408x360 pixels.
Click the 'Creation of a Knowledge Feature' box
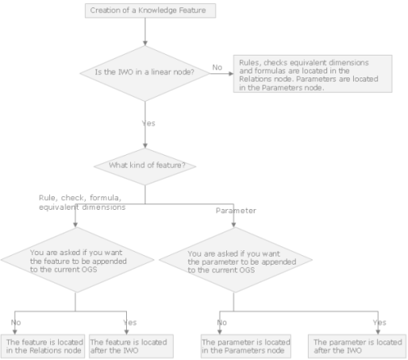150,10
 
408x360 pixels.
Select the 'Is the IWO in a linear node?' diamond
145,73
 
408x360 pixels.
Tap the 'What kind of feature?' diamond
145,166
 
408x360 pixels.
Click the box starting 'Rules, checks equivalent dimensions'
313,73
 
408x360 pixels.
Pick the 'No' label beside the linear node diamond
217,67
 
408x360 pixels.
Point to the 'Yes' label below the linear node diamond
149,123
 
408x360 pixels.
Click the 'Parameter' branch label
236,211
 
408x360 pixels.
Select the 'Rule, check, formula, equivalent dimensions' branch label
82,203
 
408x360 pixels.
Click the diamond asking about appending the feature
78,260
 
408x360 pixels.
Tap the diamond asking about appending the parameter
236,260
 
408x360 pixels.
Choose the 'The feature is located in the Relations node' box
43,346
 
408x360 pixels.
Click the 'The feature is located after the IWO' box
131,346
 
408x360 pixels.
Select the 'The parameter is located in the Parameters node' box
246,346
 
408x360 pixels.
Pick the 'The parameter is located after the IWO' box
357,346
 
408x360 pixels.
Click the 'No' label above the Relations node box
16,322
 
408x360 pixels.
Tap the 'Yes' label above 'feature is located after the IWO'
130,322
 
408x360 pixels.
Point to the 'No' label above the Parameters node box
222,322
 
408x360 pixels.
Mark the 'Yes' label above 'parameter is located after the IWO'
380,322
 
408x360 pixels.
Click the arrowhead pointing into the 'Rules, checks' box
231,73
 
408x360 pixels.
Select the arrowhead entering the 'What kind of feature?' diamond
145,145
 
